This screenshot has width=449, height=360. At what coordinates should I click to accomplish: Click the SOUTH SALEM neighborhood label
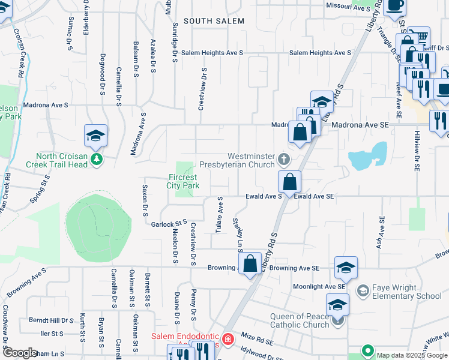pos(214,21)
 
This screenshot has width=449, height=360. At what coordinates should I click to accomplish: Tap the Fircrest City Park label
pos(182,182)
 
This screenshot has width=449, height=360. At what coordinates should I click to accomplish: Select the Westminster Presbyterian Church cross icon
pos(283,160)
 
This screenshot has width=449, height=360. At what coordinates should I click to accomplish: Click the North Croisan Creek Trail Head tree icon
pos(95,160)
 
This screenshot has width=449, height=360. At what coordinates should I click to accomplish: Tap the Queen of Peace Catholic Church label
pos(291,320)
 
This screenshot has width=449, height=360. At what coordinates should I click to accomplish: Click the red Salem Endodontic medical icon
pos(227,340)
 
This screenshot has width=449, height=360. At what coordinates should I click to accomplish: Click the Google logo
pos(20,353)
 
